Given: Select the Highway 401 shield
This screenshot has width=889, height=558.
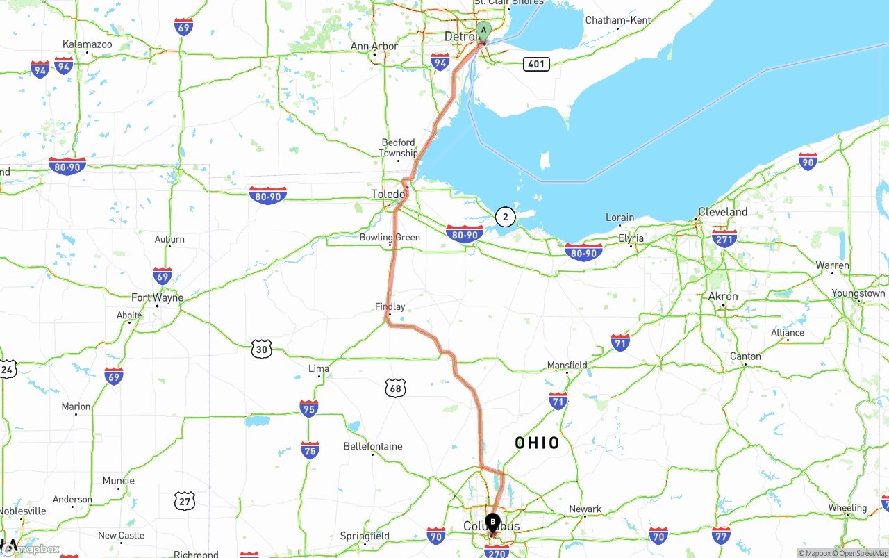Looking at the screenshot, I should (536, 64).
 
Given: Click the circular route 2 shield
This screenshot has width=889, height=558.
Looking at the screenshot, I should (505, 218).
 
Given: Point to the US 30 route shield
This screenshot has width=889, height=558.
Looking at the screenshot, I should (261, 350).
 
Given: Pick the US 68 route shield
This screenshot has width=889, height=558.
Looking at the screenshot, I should (395, 388).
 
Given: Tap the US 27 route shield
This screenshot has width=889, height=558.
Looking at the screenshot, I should (185, 500).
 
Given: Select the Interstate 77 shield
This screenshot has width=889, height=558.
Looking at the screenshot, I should (721, 535).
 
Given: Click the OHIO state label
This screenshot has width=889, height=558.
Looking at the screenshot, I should (537, 443).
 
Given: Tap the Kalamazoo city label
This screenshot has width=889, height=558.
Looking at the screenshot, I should (87, 44).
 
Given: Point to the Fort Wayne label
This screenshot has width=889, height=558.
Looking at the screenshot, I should (158, 297).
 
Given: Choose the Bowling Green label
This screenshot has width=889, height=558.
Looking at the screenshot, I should (390, 238).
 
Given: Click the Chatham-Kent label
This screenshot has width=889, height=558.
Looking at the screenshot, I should (618, 20).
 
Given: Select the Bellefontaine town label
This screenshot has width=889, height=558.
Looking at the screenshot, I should (373, 446).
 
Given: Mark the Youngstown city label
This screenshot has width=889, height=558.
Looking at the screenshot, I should (858, 293).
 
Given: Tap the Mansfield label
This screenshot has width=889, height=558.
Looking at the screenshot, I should (567, 365).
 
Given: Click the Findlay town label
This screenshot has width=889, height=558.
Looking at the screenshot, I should (390, 306).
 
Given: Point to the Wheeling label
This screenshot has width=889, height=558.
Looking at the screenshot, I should (847, 508).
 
